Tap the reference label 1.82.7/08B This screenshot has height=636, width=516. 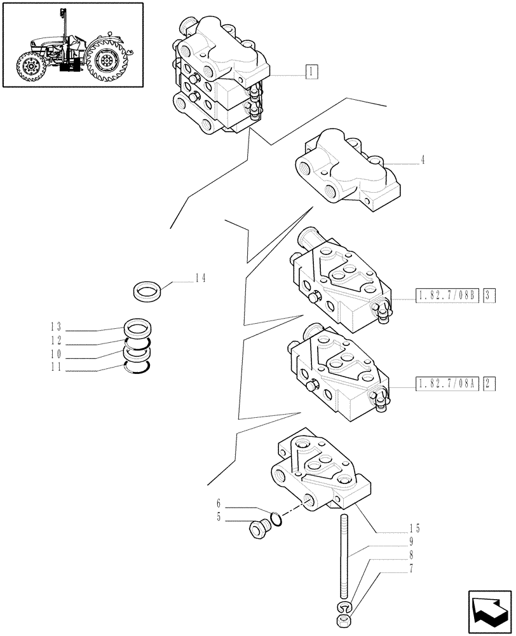447,295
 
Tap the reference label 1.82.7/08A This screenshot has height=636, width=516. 447,384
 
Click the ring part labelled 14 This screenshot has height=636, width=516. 149,292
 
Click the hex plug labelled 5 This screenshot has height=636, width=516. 259,528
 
